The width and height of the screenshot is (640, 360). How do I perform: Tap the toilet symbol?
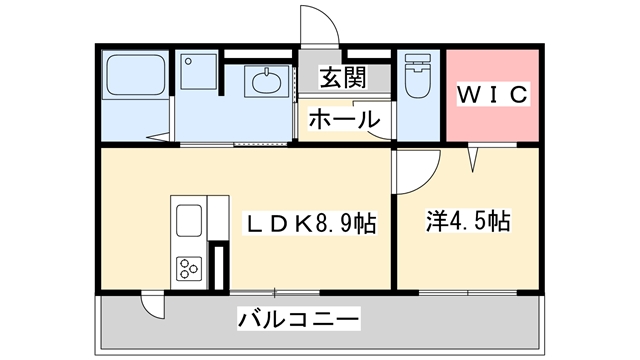tap(418, 76)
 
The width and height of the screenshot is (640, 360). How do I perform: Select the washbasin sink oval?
tap(266, 82)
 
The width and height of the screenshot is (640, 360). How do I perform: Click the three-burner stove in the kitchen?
tap(189, 269)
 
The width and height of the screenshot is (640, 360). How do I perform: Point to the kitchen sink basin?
tap(189, 220)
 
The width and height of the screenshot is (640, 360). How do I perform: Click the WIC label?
tap(492, 94)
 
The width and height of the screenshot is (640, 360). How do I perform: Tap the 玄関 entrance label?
tap(343, 77)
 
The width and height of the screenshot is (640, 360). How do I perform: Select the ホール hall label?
tap(344, 120)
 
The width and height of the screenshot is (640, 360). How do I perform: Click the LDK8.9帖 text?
tap(310, 223)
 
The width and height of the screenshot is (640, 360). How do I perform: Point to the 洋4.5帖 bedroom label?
tap(468, 221)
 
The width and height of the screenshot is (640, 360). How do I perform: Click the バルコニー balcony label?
tap(298, 318)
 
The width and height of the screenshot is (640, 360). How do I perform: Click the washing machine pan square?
tap(199, 71)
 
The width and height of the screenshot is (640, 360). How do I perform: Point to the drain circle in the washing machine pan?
tap(188, 62)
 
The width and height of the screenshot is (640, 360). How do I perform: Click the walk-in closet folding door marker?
tap(473, 158)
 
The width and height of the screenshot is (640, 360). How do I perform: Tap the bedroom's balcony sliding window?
tap(468, 292)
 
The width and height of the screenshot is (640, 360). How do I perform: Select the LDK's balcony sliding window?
tap(275, 292)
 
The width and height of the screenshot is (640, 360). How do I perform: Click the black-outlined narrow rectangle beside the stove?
tap(219, 266)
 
